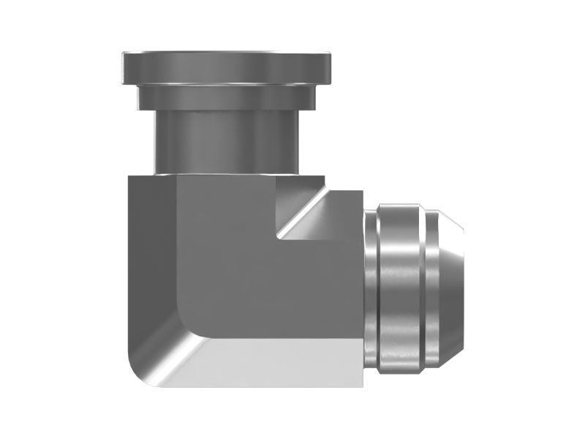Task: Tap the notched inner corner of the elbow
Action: point(279,236)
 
